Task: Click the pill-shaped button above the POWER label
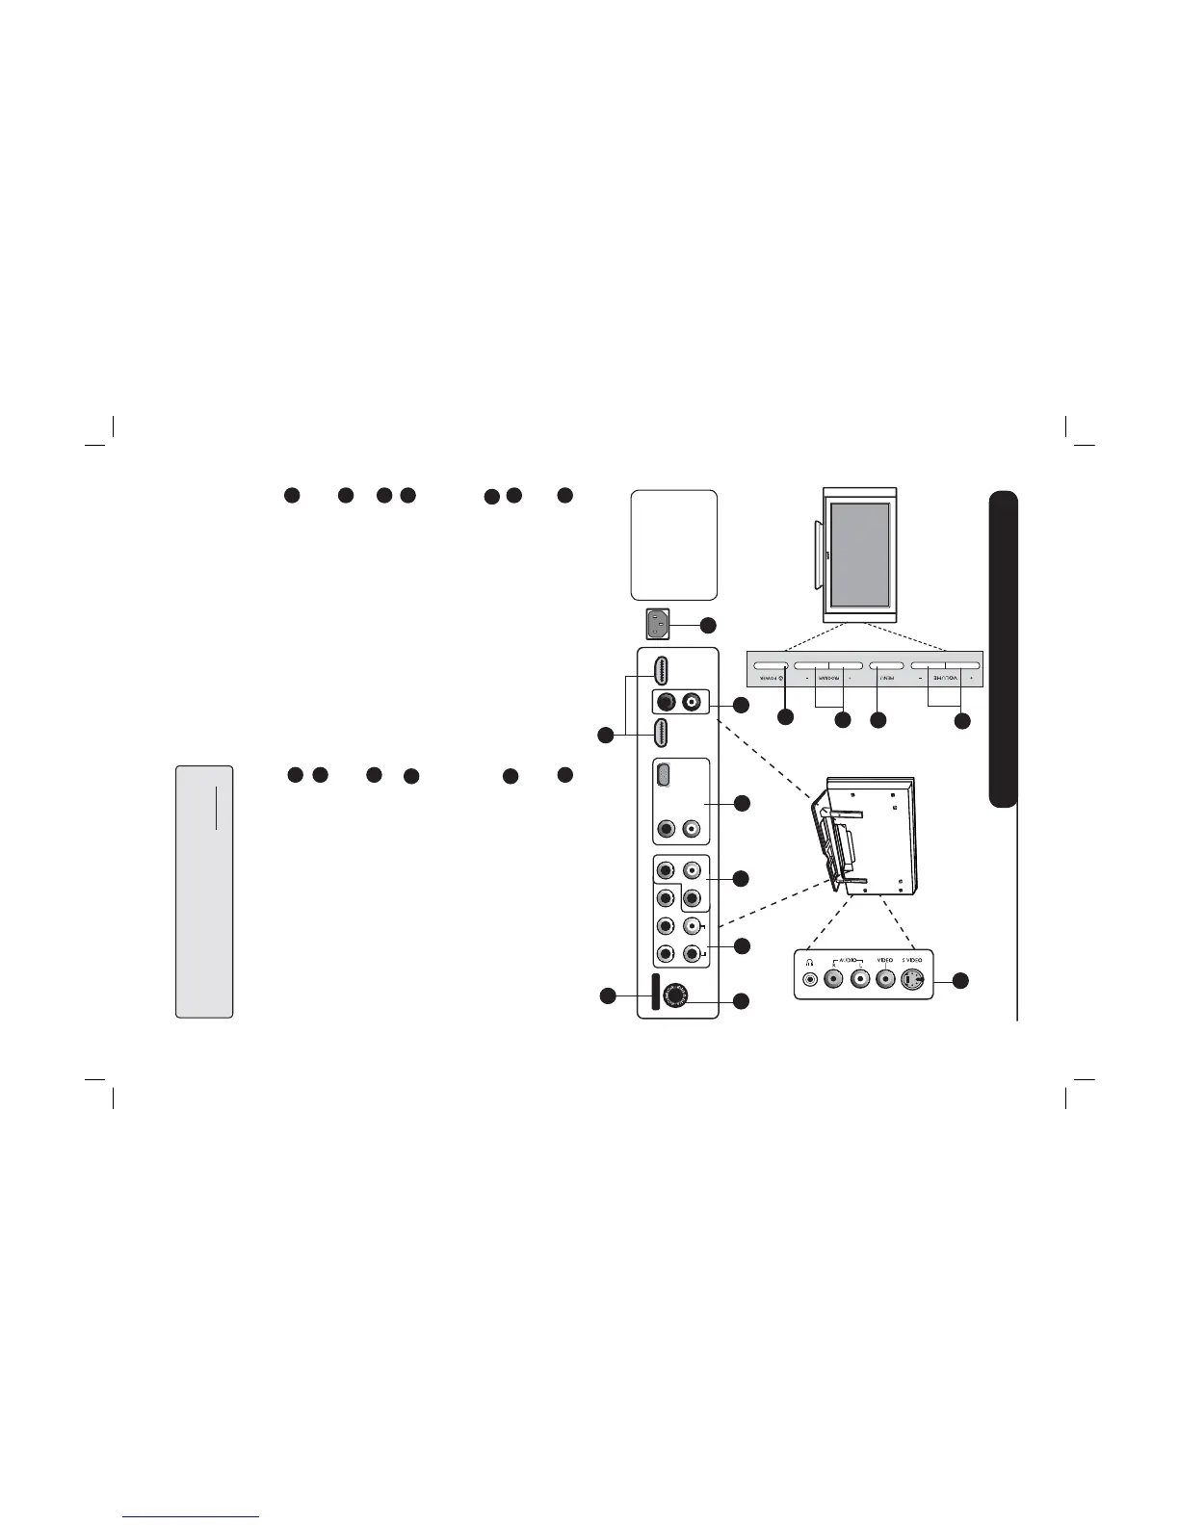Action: click(x=771, y=665)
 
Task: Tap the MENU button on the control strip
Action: click(x=886, y=665)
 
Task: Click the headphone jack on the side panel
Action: click(x=810, y=979)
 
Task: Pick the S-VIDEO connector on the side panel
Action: click(x=913, y=979)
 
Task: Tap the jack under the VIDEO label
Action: click(x=885, y=979)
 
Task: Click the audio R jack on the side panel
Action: click(x=835, y=979)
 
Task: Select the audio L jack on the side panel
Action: click(x=860, y=979)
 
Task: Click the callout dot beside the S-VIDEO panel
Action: click(x=960, y=980)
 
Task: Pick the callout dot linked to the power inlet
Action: click(x=708, y=624)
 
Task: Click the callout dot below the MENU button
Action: click(x=878, y=719)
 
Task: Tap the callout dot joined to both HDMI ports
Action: click(x=605, y=736)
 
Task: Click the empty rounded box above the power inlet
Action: click(x=673, y=545)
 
